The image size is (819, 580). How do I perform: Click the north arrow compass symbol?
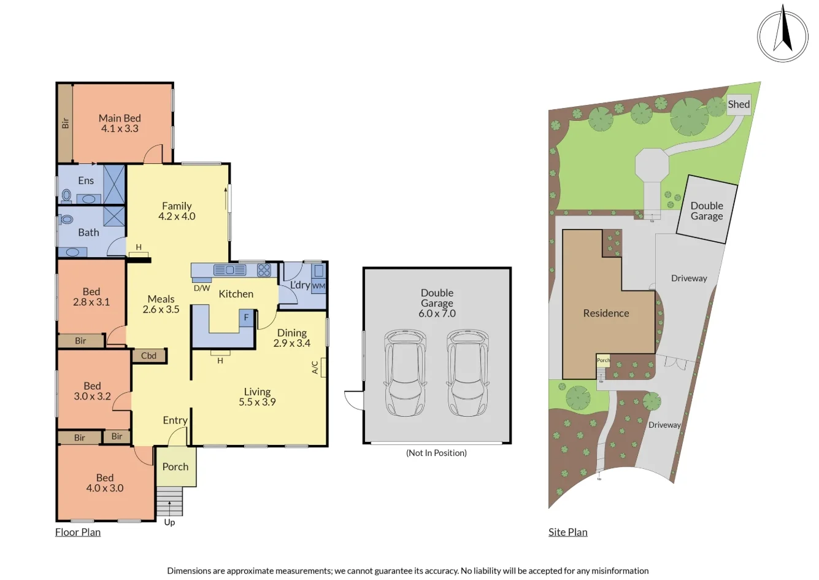point(782,35)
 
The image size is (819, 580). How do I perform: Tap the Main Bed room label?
point(120,118)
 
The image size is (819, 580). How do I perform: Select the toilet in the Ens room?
point(67,196)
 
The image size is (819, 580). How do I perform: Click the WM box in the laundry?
point(318,286)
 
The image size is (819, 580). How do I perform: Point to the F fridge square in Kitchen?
point(247,317)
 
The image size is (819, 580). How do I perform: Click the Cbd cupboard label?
point(148,355)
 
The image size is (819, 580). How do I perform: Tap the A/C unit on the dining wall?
point(323,367)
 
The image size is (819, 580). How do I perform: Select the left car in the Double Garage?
point(405,373)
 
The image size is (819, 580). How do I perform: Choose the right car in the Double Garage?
point(467,373)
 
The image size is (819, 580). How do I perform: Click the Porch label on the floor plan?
point(175,466)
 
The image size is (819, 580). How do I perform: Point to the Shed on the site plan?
point(739,104)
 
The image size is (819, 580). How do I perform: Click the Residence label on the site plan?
point(606,313)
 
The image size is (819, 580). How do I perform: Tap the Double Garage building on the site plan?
point(707,211)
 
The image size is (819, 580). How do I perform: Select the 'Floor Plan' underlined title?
point(78,532)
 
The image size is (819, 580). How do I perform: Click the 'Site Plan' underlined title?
point(567,532)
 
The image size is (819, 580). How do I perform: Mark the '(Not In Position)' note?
point(436,453)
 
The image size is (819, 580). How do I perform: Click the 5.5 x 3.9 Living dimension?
point(257,402)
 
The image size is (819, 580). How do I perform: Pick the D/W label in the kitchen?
point(202,288)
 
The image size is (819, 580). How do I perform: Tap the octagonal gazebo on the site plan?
point(652,164)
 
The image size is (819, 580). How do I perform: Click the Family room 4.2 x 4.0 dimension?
point(177,216)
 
